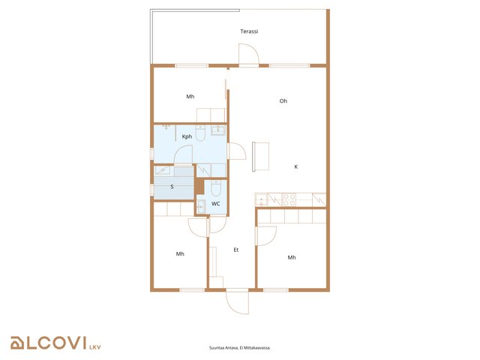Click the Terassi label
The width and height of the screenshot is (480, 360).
[x=249, y=31]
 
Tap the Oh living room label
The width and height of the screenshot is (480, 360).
[x=283, y=100]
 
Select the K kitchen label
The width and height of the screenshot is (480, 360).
[x=295, y=166]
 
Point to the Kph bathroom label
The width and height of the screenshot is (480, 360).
[x=187, y=136]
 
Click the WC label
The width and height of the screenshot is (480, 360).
[x=215, y=203]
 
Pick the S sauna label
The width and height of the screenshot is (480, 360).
[x=172, y=187]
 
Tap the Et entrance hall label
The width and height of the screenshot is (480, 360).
[x=235, y=250]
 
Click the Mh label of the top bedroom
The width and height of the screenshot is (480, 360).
[x=190, y=97]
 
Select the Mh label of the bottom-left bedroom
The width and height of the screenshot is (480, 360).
[x=180, y=253]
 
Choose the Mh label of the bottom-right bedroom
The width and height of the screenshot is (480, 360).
[x=292, y=257]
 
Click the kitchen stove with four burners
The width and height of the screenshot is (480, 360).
[x=289, y=199]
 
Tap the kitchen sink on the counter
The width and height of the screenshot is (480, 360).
[x=261, y=199]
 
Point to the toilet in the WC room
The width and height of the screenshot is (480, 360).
[x=216, y=188]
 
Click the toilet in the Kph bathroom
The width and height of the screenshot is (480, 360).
[x=200, y=133]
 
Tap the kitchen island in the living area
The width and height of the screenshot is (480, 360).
[x=260, y=157]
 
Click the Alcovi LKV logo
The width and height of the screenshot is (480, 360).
[x=55, y=343]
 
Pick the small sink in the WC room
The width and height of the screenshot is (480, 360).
[x=201, y=206]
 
